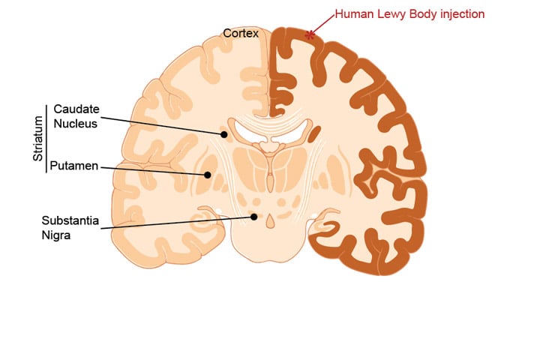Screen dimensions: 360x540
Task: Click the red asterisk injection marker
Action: pyautogui.click(x=310, y=34)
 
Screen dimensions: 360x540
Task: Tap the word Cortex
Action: pyautogui.click(x=241, y=33)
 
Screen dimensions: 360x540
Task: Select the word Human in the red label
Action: pyautogui.click(x=352, y=13)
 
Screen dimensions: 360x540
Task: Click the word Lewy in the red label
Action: pyautogui.click(x=393, y=13)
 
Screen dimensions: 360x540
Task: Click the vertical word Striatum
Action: pyautogui.click(x=38, y=139)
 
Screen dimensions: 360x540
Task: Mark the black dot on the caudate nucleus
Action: pyautogui.click(x=223, y=134)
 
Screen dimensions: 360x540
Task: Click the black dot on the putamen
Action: pyautogui.click(x=208, y=175)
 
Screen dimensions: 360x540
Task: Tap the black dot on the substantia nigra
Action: pyautogui.click(x=254, y=217)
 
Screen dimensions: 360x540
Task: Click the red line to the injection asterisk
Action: pyautogui.click(x=323, y=22)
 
